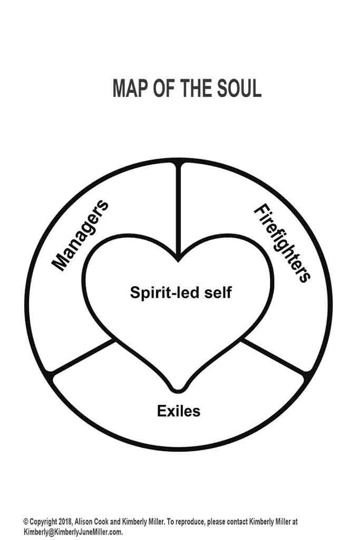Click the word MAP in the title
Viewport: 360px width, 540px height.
(x=130, y=89)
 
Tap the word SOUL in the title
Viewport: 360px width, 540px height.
(x=237, y=89)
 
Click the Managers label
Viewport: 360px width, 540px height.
(x=81, y=235)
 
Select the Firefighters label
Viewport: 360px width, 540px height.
(x=281, y=243)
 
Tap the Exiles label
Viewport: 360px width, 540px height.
(x=179, y=410)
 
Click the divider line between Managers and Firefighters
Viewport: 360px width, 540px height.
(x=180, y=211)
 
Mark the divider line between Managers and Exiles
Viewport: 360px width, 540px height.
(x=84, y=358)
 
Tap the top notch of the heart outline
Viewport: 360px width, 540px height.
(x=180, y=259)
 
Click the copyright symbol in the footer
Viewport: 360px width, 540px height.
(x=25, y=522)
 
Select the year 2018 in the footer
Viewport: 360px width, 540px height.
(x=64, y=522)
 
